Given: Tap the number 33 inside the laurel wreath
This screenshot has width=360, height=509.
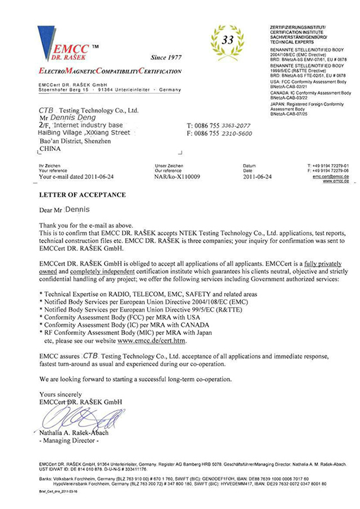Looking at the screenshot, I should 227,40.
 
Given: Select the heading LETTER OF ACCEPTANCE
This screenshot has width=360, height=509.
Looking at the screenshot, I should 82,195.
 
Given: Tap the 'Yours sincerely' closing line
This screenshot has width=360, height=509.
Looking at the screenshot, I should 60,394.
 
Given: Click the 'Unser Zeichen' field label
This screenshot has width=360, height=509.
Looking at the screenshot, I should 167,166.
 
